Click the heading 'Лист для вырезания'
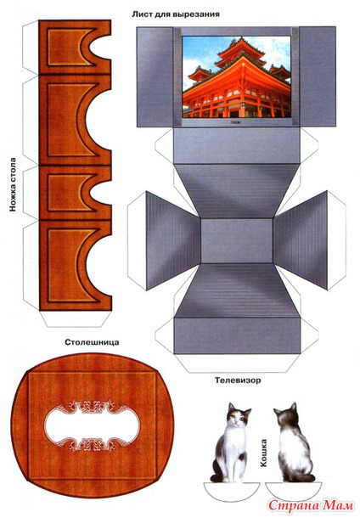click(176, 14)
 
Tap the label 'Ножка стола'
click(13, 184)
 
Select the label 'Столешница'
click(92, 342)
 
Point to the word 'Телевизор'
click(238, 380)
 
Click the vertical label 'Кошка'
click(263, 453)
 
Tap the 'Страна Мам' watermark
click(311, 505)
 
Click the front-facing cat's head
click(238, 415)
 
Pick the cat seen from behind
click(294, 442)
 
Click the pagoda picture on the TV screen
click(237, 77)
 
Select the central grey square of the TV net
click(237, 241)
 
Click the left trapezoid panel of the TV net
click(172, 240)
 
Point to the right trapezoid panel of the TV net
click(301, 240)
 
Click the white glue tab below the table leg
click(76, 318)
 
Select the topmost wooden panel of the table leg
click(75, 47)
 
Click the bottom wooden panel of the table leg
click(76, 265)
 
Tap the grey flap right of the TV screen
click(318, 77)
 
